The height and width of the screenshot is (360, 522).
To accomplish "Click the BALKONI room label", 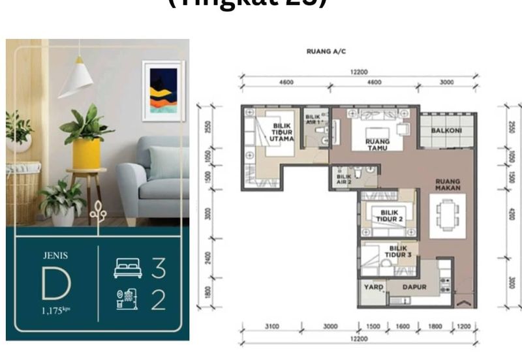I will [x=447, y=130].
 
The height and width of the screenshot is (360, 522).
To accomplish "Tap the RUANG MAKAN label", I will [x=449, y=185].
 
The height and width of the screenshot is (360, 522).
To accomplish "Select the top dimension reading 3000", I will [x=447, y=82].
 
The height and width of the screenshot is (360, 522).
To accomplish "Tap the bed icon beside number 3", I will [x=127, y=267].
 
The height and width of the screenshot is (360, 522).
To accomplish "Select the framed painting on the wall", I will [x=162, y=91].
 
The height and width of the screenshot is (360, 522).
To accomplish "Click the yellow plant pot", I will [x=86, y=153].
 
